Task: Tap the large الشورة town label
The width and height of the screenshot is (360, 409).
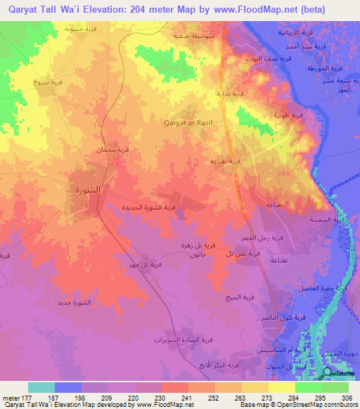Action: click(87, 190)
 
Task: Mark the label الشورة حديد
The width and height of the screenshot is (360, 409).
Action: click(74, 303)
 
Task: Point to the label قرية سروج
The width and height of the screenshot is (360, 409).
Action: click(47, 82)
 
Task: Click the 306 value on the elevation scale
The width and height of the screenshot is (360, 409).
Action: click(347, 398)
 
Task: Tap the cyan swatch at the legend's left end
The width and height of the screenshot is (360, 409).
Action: click(41, 387)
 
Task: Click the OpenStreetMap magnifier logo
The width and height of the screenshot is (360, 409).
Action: click(327, 373)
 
